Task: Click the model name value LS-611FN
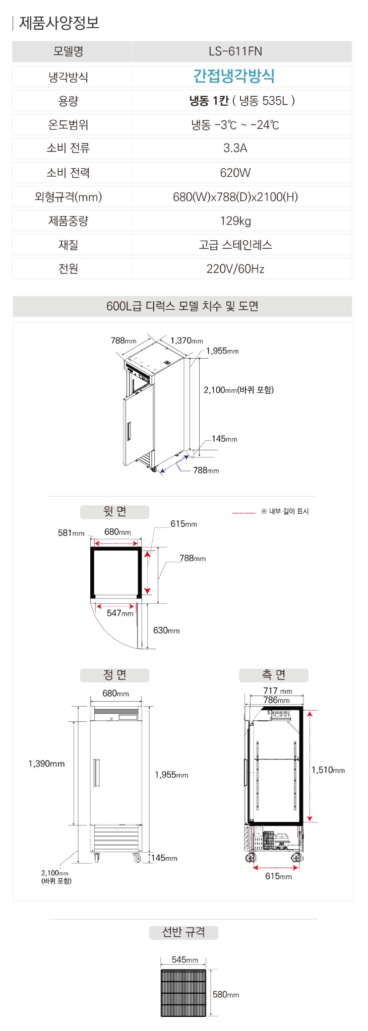click(x=235, y=51)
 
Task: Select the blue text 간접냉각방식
click(x=234, y=76)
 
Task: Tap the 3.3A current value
click(x=235, y=148)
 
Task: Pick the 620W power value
click(x=235, y=173)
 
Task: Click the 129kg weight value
click(x=235, y=221)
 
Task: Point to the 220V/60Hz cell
click(x=235, y=269)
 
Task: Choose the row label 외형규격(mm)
click(x=69, y=197)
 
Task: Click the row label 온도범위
click(x=69, y=124)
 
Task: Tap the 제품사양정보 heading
click(x=59, y=23)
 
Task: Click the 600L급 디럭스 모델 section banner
click(x=182, y=306)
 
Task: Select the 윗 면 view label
click(x=115, y=512)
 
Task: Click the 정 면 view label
click(x=115, y=675)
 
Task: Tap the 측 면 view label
click(x=274, y=675)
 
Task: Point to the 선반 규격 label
click(x=183, y=932)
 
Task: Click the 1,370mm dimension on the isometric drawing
click(x=187, y=340)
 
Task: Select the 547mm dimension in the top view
click(x=120, y=613)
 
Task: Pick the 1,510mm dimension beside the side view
click(x=328, y=770)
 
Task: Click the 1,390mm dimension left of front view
click(x=46, y=764)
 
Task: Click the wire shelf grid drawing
click(x=183, y=993)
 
